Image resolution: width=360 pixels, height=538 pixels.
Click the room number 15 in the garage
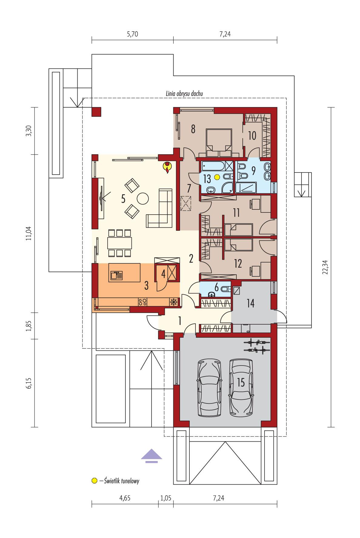click(241, 383)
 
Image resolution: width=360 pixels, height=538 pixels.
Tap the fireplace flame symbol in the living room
click(167, 168)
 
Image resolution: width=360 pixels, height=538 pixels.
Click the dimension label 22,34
click(325, 267)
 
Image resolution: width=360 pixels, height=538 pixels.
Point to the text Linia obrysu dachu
click(184, 94)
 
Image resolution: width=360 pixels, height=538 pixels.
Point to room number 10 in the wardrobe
click(252, 136)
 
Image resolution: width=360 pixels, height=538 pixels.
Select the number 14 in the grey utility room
click(250, 303)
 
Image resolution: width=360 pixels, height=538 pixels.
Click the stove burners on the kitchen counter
click(143, 302)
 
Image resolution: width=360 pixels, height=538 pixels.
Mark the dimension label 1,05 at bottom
click(165, 498)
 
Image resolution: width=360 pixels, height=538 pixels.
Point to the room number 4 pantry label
click(163, 274)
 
